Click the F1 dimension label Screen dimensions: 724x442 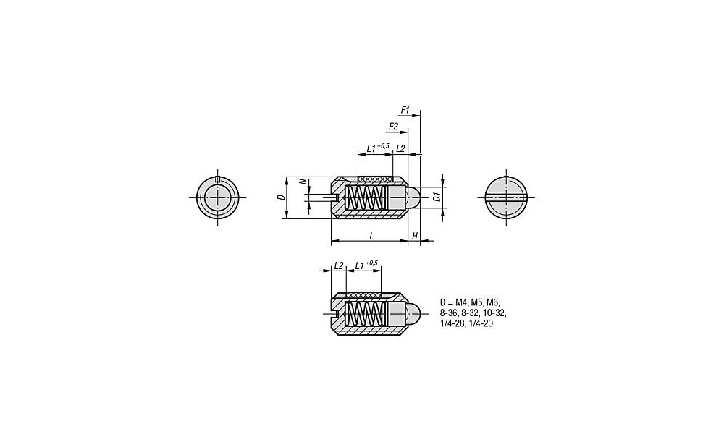[x=405, y=110]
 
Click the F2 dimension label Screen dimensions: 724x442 [x=393, y=126]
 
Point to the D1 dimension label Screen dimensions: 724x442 [x=435, y=197]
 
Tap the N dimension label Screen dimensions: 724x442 [x=303, y=182]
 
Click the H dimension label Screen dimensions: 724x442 [x=415, y=237]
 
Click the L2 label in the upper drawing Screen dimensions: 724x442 [x=400, y=148]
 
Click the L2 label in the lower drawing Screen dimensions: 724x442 [x=338, y=265]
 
